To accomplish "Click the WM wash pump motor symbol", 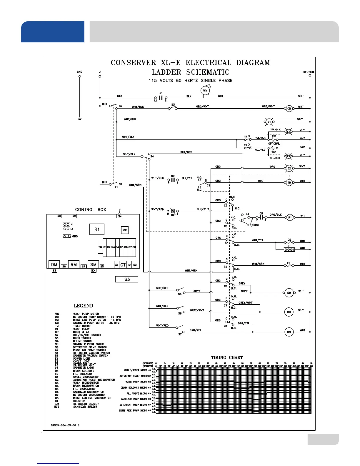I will click(205, 91).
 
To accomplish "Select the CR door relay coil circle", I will click(289, 109).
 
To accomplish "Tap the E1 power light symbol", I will click(269, 122).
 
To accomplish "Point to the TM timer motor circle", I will click(289, 183).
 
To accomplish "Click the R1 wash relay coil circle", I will click(290, 218).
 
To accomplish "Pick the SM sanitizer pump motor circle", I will click(289, 293).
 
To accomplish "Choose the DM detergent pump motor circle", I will click(289, 312).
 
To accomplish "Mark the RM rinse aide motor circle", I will click(289, 332).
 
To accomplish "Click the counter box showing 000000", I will click(289, 249).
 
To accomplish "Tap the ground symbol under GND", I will click(79, 119).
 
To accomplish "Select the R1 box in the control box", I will click(97, 229).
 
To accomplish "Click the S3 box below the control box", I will click(127, 279).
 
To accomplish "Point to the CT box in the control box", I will click(123, 265).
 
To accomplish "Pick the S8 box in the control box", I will click(59, 216).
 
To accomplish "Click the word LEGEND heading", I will click(84, 306).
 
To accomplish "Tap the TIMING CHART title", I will click(227, 357).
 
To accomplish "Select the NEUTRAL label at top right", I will click(309, 72).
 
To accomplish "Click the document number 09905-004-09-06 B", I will click(65, 425).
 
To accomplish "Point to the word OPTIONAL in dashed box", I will click(274, 144).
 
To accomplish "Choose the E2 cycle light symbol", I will click(289, 169).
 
